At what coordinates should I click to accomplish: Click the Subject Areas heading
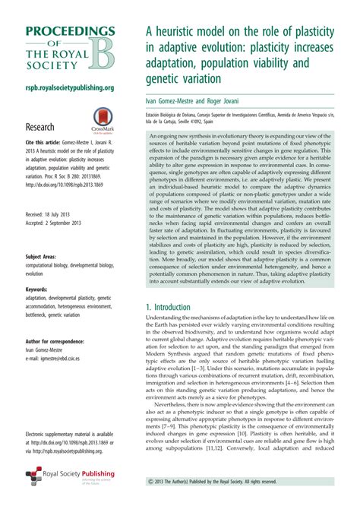46,257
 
